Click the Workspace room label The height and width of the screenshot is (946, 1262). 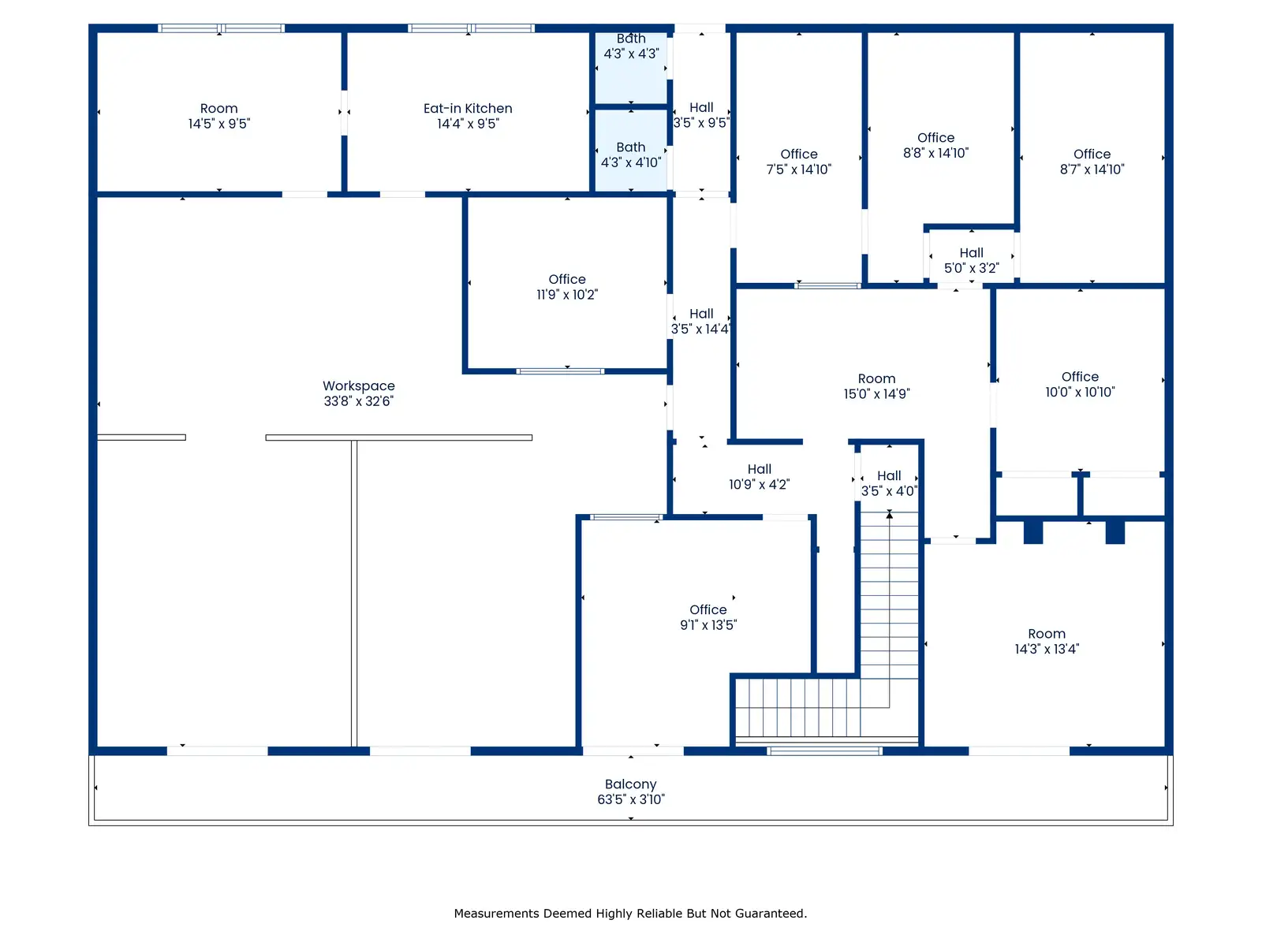coord(359,386)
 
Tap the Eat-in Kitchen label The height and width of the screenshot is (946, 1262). coord(468,109)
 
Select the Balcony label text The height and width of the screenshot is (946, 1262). coord(631,784)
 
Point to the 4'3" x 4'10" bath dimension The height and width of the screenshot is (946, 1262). coord(631,162)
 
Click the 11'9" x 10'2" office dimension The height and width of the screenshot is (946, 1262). coord(567,295)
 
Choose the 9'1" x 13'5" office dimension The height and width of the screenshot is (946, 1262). coord(709,625)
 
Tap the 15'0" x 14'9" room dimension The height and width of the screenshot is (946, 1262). coord(877,394)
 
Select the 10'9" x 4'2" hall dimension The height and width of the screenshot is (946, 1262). coord(760,485)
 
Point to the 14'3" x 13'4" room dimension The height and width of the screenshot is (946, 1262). coord(1047,650)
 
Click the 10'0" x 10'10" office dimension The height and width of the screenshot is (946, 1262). coord(1081,393)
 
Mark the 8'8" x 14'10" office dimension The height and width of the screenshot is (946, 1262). coord(936,153)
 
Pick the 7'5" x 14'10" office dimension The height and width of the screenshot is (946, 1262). coord(800,169)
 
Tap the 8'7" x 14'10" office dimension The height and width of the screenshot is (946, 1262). coord(1093,169)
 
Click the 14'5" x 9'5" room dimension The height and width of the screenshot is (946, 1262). coord(219,124)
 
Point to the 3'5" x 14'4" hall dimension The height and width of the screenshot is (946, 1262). coord(702,329)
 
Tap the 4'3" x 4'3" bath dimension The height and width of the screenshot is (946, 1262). coord(632,54)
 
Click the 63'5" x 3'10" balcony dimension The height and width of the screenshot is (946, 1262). coord(631,799)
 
